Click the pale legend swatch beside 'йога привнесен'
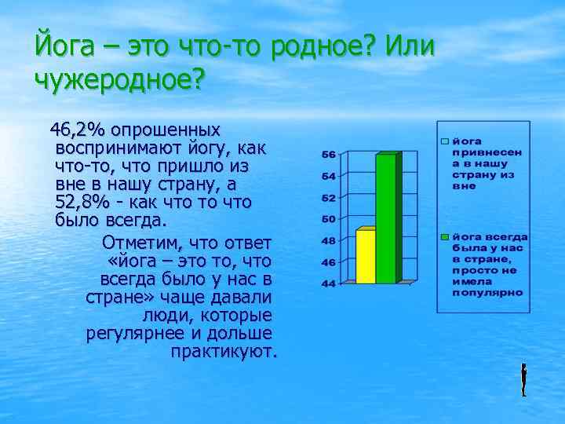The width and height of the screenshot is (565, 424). click(444, 141)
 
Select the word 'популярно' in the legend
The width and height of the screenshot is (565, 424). click(487, 291)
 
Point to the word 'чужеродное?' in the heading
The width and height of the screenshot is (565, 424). click(118, 81)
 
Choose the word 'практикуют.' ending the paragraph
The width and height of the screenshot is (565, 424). click(224, 351)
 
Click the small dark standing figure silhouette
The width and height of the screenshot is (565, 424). click(523, 380)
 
